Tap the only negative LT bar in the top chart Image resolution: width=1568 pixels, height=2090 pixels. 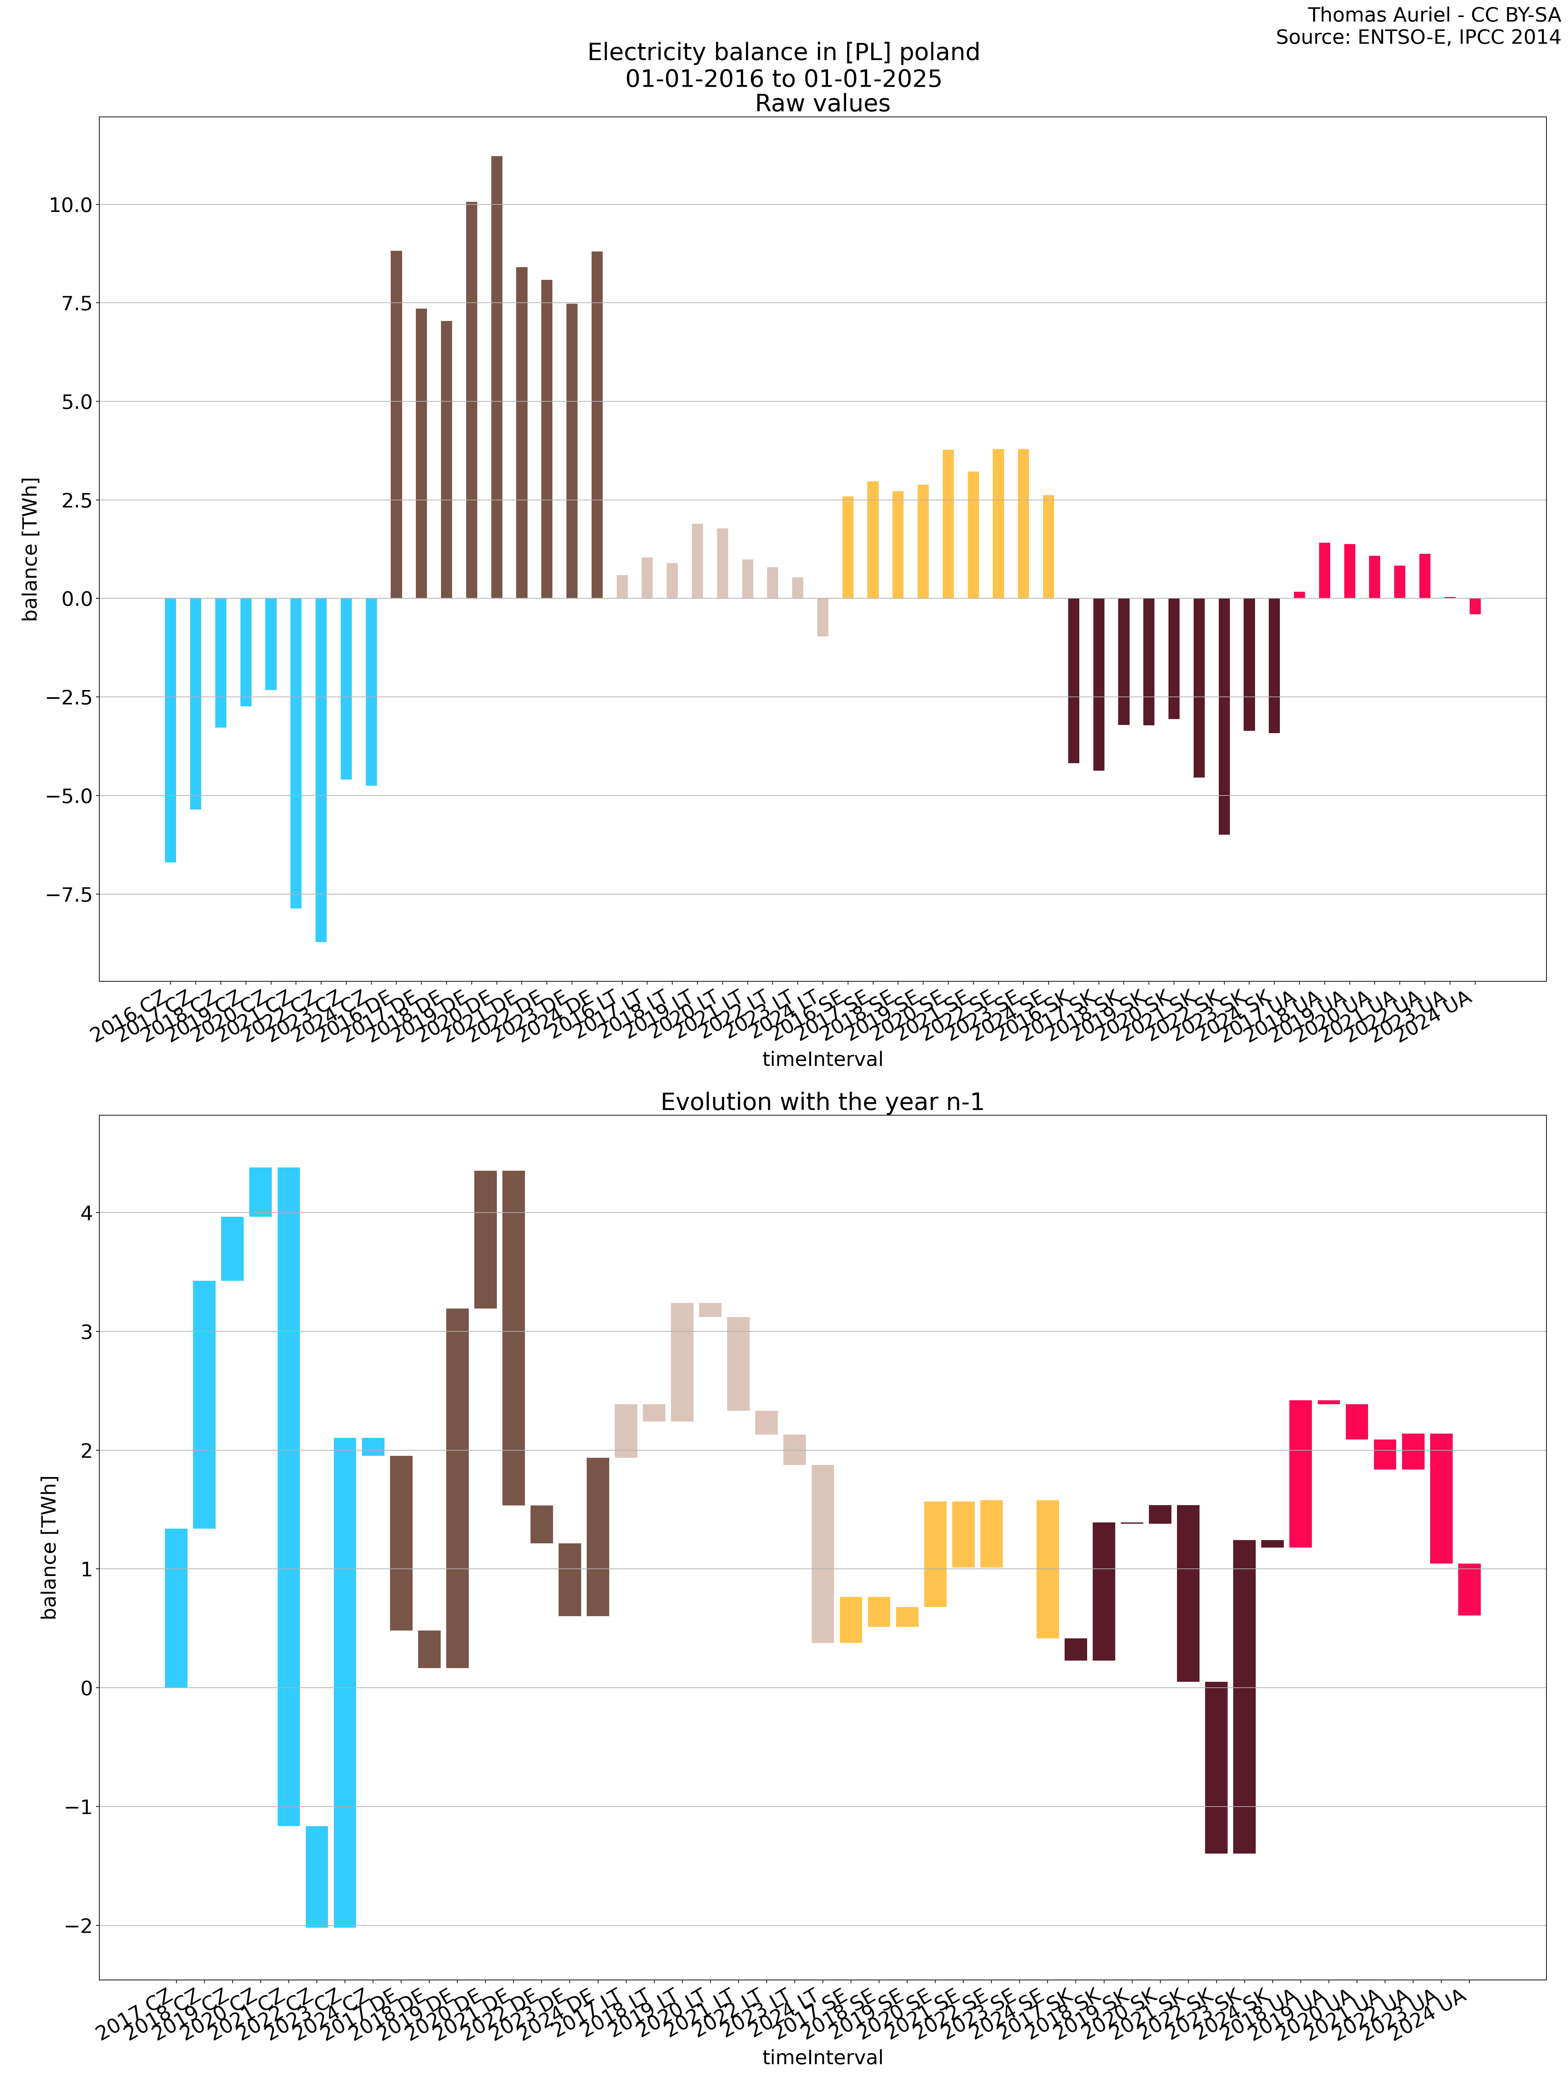tap(822, 617)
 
